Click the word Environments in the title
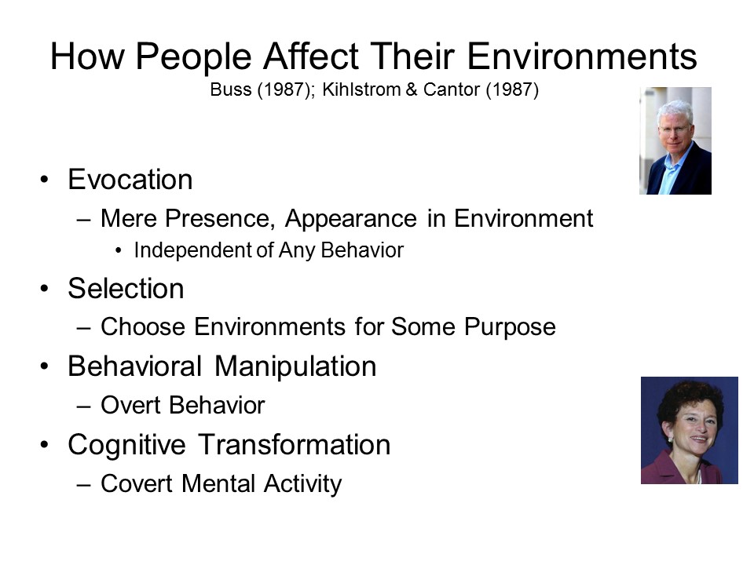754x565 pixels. [582, 56]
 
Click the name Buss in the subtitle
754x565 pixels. [231, 89]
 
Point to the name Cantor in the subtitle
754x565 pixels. [452, 89]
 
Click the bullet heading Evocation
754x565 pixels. [130, 180]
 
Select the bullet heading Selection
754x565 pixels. [126, 288]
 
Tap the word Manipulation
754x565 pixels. [295, 366]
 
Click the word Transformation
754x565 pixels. [295, 444]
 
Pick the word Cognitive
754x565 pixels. [127, 446]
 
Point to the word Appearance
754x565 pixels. [350, 220]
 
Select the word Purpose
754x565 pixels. [510, 328]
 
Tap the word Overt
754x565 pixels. [130, 405]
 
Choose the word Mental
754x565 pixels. [218, 483]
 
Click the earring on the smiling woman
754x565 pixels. [671, 439]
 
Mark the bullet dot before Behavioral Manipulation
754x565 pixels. [45, 366]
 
